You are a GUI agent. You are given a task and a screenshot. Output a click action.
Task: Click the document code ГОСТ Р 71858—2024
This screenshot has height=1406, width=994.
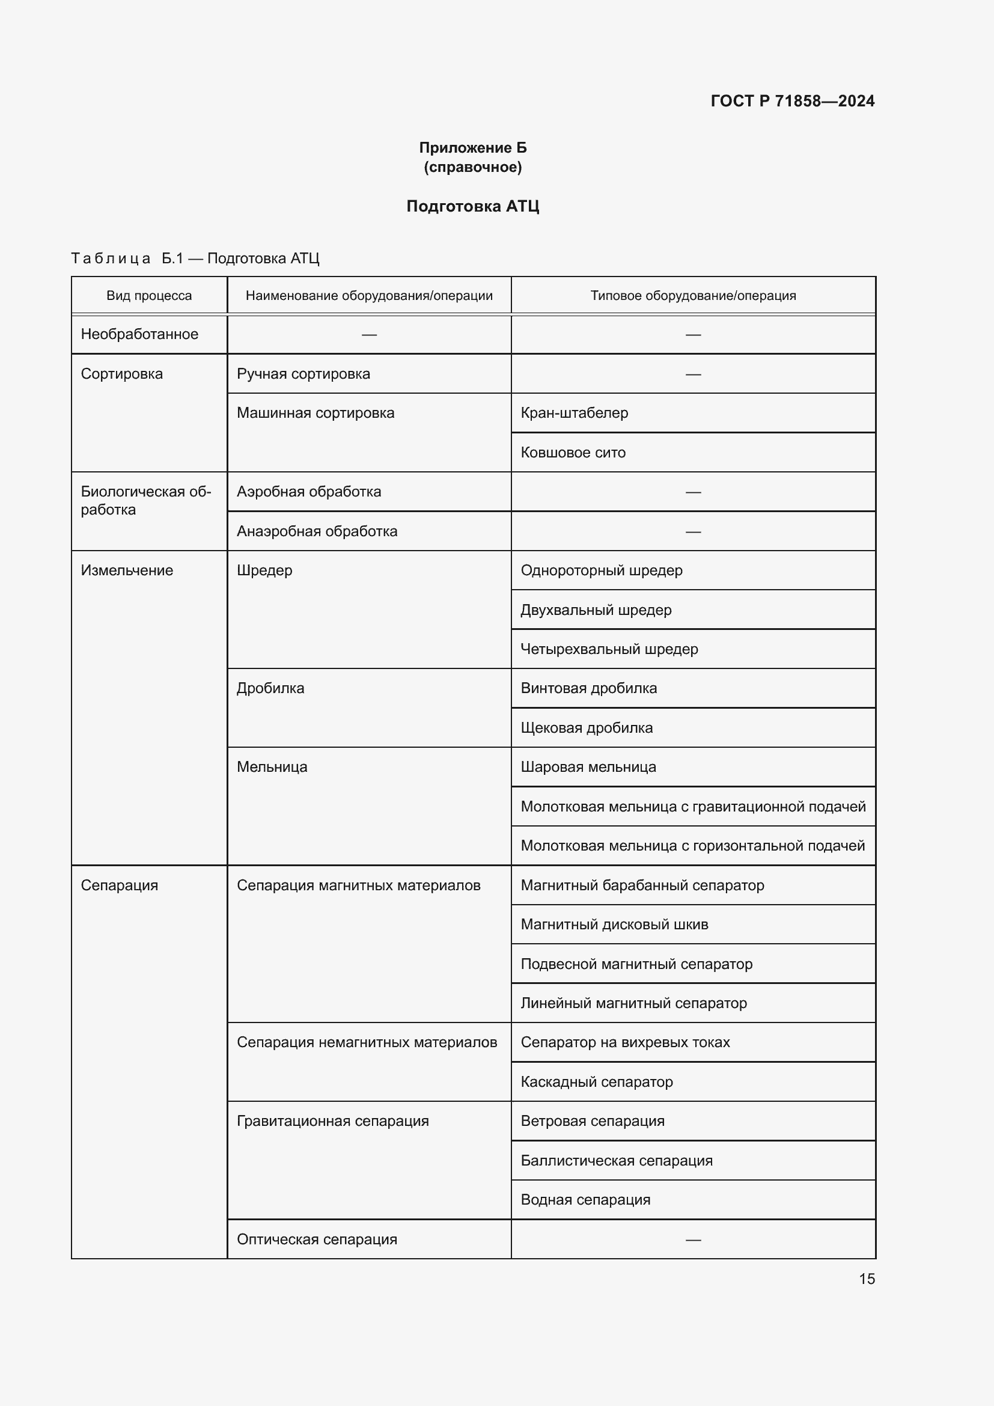(x=792, y=101)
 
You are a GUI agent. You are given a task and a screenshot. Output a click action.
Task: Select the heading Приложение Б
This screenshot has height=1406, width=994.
(x=472, y=148)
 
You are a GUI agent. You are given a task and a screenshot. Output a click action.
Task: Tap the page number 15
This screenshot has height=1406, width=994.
(x=867, y=1279)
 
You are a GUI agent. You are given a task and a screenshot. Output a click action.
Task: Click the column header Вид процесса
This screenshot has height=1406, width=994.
(x=148, y=296)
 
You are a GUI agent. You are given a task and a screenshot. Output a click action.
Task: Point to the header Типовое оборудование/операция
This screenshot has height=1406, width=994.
(x=693, y=296)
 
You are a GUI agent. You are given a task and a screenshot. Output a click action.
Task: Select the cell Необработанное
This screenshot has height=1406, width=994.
(x=139, y=334)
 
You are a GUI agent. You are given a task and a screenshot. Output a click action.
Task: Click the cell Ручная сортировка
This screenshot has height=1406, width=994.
(x=303, y=374)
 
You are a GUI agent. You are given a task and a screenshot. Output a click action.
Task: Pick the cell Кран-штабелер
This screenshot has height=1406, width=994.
(x=574, y=414)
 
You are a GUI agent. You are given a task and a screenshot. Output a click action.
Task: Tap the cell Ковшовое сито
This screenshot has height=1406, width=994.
(x=573, y=453)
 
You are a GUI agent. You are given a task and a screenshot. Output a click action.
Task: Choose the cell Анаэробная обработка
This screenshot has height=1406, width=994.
(x=317, y=531)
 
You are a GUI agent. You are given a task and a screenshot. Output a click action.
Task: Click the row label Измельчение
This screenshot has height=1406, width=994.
(x=127, y=570)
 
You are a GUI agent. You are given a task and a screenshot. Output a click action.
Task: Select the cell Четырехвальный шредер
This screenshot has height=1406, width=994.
(x=609, y=649)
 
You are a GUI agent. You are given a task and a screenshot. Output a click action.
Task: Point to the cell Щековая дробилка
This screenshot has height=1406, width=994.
(x=587, y=728)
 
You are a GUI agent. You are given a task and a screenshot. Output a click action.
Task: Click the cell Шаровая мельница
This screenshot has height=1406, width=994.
(x=588, y=767)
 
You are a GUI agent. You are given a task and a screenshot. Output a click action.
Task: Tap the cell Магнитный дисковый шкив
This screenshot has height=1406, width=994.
(x=615, y=925)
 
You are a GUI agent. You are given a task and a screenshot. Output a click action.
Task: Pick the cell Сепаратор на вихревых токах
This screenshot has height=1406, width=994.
(x=625, y=1042)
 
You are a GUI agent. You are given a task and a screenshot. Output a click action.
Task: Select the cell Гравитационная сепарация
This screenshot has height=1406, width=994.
(x=332, y=1121)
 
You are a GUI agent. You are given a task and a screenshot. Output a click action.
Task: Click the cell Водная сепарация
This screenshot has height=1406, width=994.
(x=585, y=1200)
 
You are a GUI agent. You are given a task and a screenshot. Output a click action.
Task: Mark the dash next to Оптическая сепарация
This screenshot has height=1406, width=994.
(x=693, y=1240)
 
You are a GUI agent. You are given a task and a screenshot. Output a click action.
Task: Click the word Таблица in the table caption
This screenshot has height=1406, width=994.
(x=111, y=258)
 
